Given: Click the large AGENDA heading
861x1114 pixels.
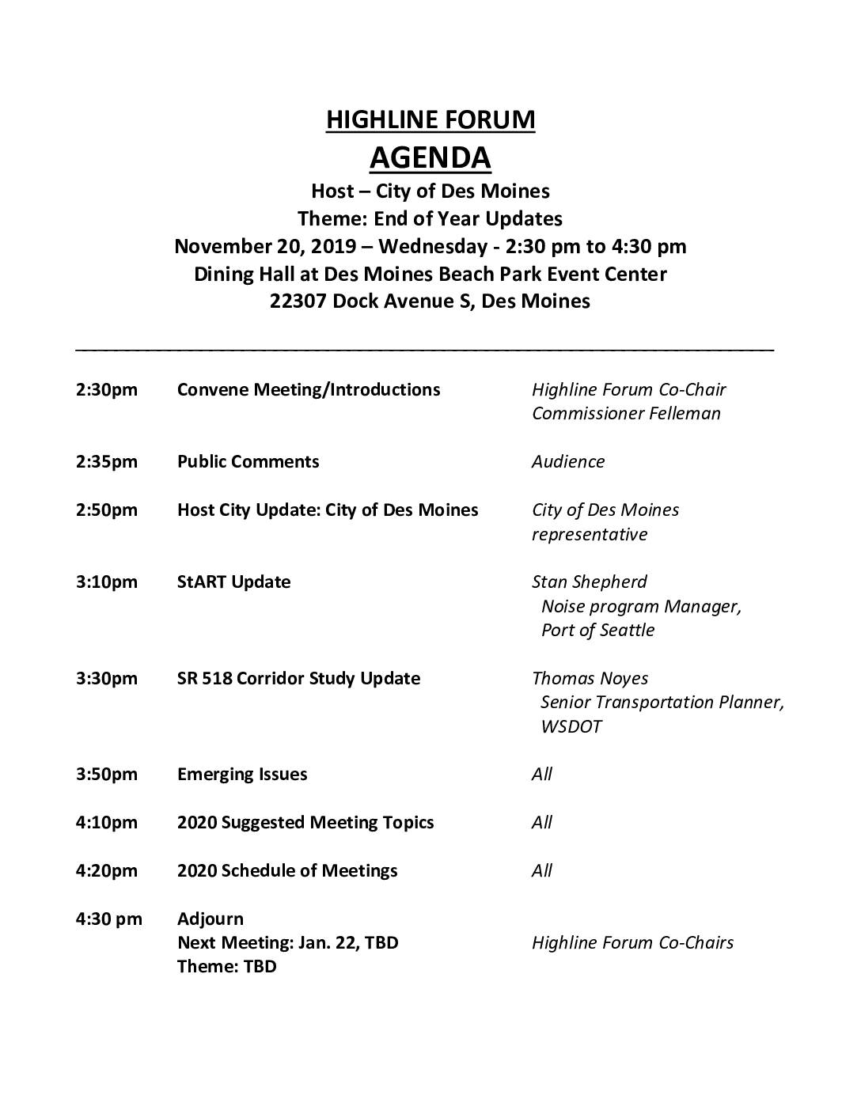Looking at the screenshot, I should (x=430, y=157).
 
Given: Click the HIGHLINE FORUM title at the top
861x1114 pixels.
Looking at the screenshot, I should (x=430, y=120).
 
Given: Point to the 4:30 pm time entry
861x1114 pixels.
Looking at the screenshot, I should (x=108, y=919).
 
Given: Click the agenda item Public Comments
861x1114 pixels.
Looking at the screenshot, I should (x=248, y=462).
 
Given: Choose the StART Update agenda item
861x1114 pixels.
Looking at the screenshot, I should (x=233, y=582).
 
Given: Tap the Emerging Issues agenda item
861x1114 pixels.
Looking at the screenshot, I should (x=242, y=775).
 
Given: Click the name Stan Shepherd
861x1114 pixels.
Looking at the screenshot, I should (x=589, y=582).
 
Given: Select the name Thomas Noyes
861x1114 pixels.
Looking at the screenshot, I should (x=590, y=679).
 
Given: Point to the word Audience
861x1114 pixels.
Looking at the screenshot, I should (x=567, y=462).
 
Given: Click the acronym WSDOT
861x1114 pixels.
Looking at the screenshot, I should (x=571, y=727).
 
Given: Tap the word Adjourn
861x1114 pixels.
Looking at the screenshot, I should (x=211, y=919).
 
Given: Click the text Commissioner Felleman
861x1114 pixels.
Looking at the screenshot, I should (x=626, y=414).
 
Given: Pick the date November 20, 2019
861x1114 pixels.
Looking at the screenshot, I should (x=264, y=247).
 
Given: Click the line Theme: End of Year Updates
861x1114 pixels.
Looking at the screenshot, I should (x=430, y=219).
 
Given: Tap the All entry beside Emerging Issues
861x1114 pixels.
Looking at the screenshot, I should (x=542, y=775).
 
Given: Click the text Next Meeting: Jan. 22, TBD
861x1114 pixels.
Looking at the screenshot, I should (x=288, y=943).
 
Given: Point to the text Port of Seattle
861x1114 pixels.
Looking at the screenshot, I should (x=597, y=631).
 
